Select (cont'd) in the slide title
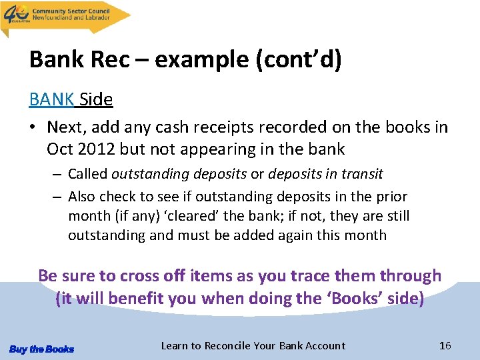299,61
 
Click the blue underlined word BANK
52,99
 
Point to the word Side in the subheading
96,99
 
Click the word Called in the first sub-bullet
87,175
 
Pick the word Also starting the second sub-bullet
82,197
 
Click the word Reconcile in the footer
227,345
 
